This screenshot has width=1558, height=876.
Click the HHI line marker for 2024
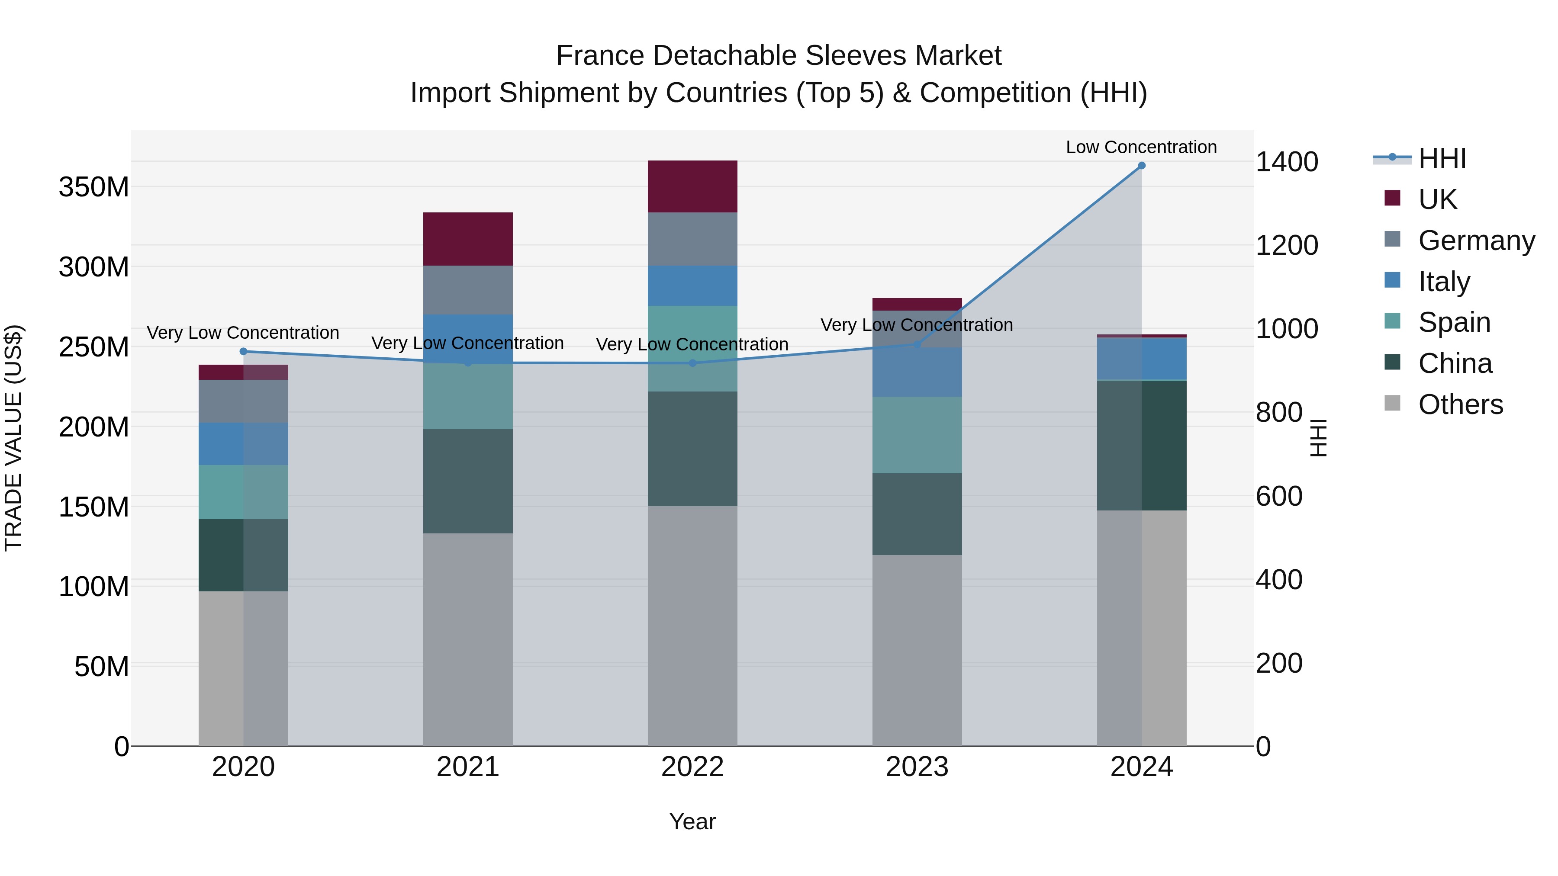(1141, 166)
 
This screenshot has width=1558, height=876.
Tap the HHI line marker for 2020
(243, 351)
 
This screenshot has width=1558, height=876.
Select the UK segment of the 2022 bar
(692, 186)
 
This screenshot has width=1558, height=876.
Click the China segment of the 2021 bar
(467, 481)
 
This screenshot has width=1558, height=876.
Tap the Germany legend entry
(1476, 241)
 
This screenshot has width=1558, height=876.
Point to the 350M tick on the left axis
(94, 187)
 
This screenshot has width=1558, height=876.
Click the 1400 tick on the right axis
(1287, 162)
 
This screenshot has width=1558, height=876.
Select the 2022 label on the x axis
(692, 767)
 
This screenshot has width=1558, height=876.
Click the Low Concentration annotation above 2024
(1141, 147)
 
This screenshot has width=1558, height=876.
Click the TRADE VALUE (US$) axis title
(13, 438)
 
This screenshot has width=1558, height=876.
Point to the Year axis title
(692, 821)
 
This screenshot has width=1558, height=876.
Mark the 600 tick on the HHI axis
(1278, 496)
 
